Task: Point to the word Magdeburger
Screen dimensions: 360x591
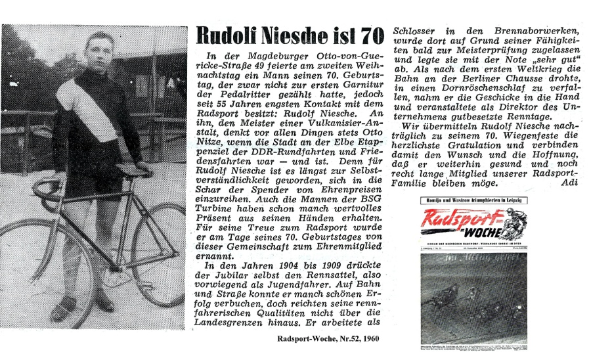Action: point(258,58)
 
